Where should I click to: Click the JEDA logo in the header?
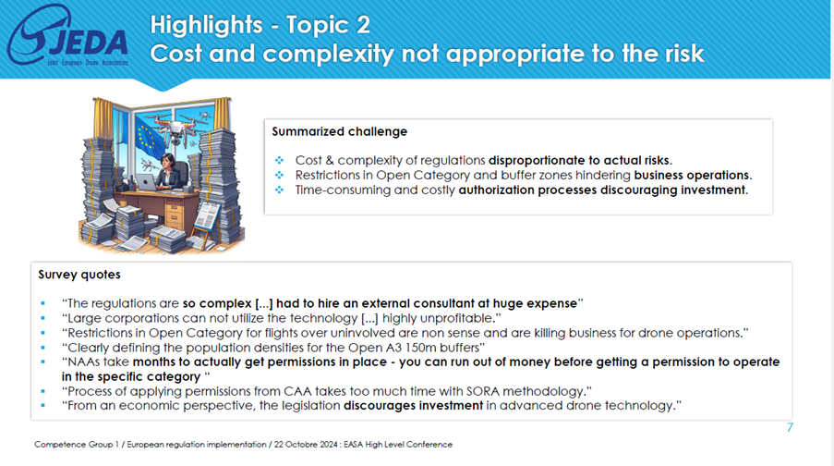[67, 36]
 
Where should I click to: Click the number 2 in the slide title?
[363, 24]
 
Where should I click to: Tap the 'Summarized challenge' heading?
[339, 131]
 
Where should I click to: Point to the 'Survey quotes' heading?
[79, 275]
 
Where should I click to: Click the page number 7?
[790, 427]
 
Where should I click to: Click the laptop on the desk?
[146, 182]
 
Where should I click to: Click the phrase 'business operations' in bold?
[693, 176]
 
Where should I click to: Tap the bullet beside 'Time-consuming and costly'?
[279, 190]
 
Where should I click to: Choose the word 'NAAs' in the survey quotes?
[83, 362]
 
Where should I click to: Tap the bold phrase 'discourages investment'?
[413, 406]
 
